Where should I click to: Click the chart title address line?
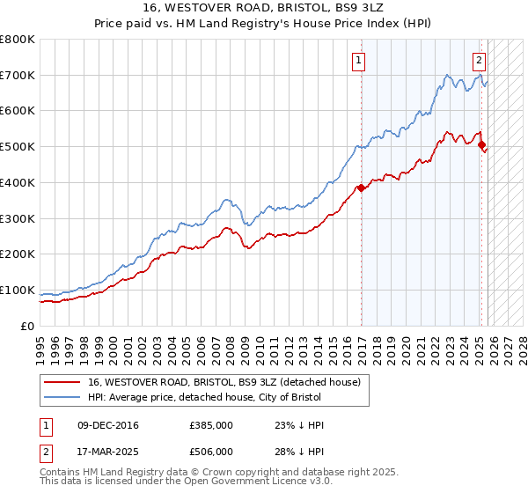[264, 7]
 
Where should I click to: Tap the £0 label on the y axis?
[28, 326]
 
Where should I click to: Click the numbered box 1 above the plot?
[360, 61]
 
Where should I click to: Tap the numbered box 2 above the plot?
[479, 61]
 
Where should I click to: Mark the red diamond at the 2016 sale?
[361, 188]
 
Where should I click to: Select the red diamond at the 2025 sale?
[481, 145]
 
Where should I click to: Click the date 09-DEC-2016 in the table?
[109, 426]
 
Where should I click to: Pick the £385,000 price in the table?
[211, 426]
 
